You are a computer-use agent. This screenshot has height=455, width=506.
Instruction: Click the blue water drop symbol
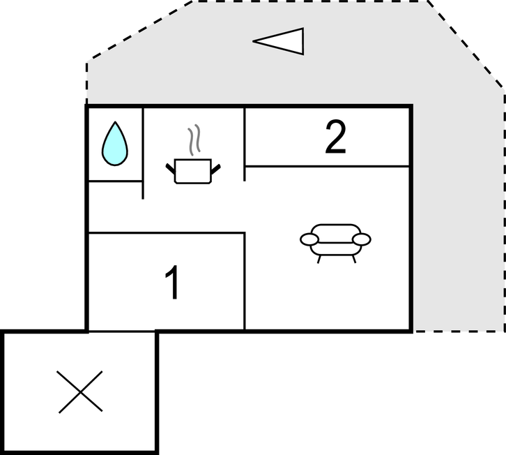tap(115, 144)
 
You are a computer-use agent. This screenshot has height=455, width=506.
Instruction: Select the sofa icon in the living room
tap(335, 243)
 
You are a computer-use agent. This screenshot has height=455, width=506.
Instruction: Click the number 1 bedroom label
tap(172, 283)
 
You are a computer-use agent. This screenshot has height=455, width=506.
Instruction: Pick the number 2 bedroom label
tap(335, 137)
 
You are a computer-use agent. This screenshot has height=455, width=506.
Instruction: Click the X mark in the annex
tap(80, 391)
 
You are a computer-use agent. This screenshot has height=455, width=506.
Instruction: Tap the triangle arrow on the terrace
tap(279, 41)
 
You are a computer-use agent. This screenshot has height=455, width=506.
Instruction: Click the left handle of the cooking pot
tap(170, 169)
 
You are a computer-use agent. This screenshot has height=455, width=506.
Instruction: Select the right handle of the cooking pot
tap(216, 169)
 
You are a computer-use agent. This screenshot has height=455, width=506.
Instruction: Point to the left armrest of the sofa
tap(309, 240)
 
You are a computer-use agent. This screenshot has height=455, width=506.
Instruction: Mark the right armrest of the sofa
tap(362, 239)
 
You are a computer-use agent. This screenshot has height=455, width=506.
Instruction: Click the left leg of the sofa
tap(319, 259)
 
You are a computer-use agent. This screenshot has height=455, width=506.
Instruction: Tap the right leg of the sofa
tap(354, 259)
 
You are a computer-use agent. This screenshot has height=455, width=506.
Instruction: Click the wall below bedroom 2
tap(327, 166)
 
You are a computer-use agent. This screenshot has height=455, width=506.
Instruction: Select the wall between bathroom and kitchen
tap(143, 153)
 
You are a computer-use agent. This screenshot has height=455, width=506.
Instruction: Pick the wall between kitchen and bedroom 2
tap(245, 144)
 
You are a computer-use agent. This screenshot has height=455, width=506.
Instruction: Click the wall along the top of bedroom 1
tap(167, 232)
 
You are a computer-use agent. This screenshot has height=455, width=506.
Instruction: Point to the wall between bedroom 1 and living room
tap(245, 281)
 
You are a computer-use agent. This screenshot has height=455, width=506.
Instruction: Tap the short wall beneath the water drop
tap(115, 181)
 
